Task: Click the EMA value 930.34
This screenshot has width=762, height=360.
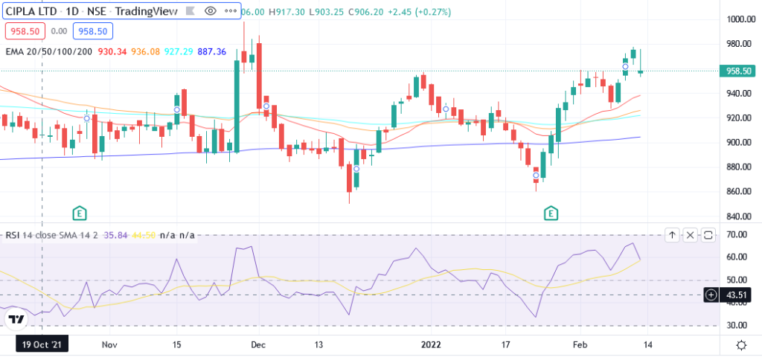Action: coord(111,51)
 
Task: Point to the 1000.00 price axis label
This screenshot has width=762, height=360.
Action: coord(740,20)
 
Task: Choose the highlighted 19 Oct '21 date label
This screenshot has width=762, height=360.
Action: coord(42,345)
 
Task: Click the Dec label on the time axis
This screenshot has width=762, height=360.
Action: coord(258,345)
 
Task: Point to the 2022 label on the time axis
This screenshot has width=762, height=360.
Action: coord(432,345)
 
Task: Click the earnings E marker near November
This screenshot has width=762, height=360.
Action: coord(80,213)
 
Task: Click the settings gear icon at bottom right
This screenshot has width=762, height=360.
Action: coord(740,345)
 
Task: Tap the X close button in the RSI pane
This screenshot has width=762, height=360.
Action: coord(690,235)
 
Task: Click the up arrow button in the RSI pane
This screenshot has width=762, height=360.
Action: coord(672,235)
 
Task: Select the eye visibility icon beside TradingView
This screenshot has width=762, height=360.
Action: coord(210,12)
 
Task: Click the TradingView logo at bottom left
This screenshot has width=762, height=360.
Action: coord(15,320)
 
